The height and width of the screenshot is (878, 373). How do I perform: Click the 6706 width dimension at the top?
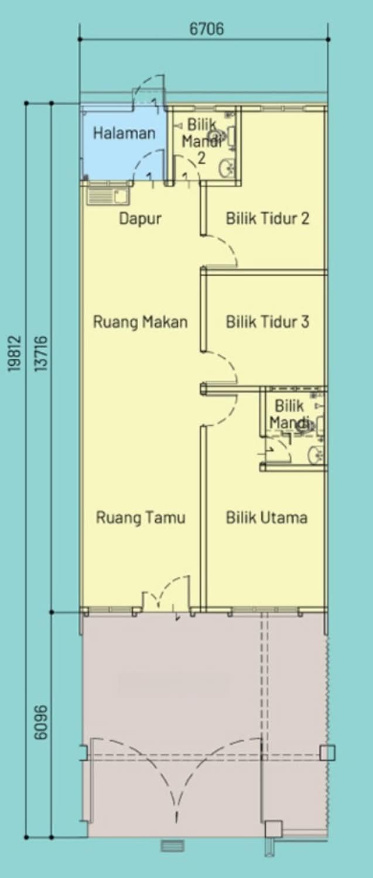tap(206, 29)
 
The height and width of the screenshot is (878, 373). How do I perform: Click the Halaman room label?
tap(124, 133)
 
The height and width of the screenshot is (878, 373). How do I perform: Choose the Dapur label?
tap(140, 219)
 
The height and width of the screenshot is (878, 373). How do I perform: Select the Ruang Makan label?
tap(140, 322)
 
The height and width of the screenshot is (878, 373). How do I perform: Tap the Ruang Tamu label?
tap(141, 517)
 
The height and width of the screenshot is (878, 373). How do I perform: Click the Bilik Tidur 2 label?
tap(268, 219)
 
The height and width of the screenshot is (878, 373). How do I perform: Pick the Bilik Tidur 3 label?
tap(268, 322)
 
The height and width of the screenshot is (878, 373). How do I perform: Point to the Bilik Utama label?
tap(266, 517)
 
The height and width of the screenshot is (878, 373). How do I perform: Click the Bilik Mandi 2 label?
tap(201, 141)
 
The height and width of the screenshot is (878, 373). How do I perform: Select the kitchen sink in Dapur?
tap(107, 194)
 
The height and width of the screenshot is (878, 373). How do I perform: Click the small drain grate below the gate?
tap(173, 846)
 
